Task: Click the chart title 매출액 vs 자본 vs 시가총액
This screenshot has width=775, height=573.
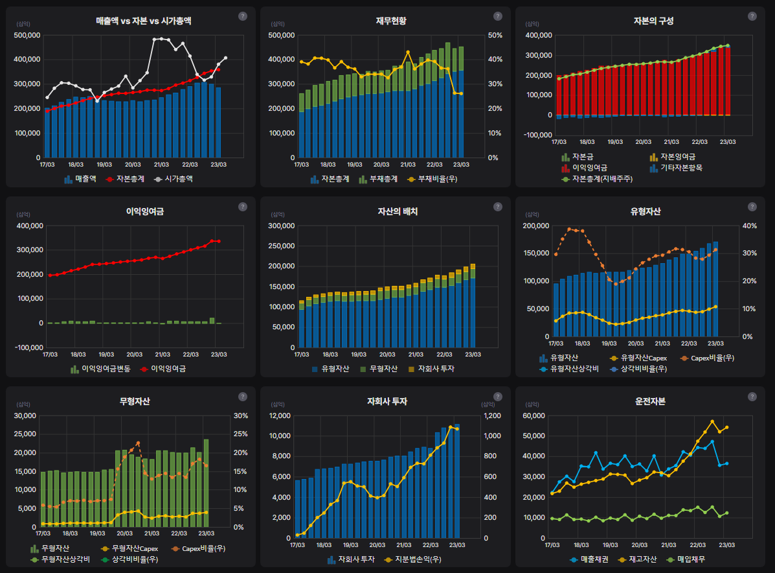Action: click(143, 21)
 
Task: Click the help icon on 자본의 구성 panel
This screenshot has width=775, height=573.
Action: click(752, 16)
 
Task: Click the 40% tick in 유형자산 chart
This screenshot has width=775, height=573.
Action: click(748, 226)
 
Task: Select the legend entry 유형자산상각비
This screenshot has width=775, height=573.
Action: click(574, 368)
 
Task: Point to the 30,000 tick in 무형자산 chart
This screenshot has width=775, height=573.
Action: click(25, 416)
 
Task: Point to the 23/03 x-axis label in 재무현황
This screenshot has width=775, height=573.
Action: click(460, 165)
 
